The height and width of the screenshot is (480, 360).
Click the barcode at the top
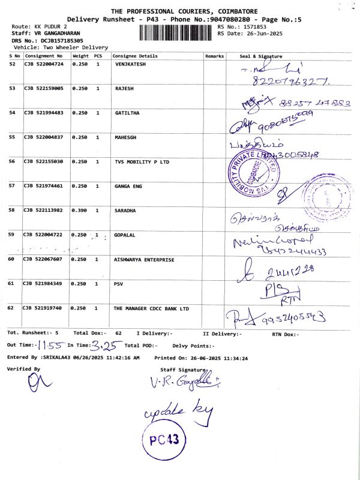coord(181,32)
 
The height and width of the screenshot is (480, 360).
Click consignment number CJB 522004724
coord(43,63)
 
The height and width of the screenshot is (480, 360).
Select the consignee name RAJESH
coord(124,88)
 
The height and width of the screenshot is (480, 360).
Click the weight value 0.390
coord(79,211)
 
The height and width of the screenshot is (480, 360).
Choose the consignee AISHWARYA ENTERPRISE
coord(144,259)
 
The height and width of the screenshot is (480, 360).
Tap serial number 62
coord(12,308)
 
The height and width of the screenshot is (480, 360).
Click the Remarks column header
coord(214,56)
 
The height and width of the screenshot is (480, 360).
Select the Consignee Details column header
coord(135,56)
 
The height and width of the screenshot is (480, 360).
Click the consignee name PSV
coord(119,284)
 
